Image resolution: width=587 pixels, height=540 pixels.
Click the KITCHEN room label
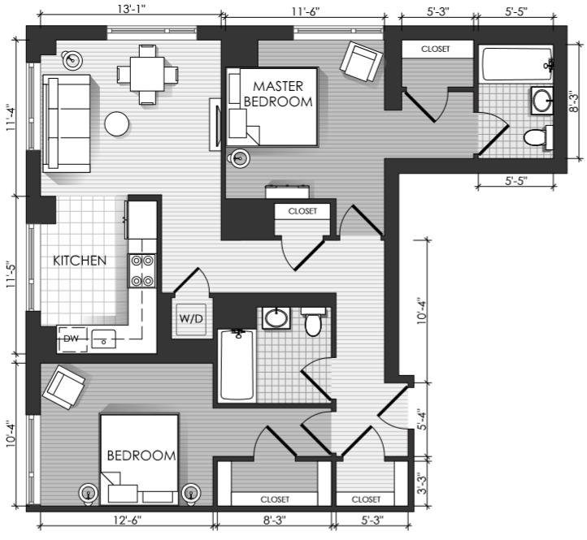pos(80,261)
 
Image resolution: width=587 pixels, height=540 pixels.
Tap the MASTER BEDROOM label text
pos(278,94)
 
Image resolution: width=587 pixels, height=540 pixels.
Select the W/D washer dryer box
pos(190,318)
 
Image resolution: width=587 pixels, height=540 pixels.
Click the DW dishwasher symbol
pos(72,339)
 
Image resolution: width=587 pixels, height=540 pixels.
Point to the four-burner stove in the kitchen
pos(142,270)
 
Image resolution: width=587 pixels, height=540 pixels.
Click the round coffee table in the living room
pos(117,123)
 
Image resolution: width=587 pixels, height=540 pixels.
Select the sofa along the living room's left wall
pos(67,123)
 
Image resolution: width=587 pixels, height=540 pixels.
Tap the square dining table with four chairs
pos(147,74)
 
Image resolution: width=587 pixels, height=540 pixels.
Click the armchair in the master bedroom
pos(361,62)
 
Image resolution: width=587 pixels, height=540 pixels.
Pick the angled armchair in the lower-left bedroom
pos(63,387)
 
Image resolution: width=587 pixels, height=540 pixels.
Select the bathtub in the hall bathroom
pos(237,365)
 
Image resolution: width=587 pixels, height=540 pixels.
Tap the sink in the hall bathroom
pos(276,318)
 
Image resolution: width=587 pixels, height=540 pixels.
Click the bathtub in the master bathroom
pos(516,63)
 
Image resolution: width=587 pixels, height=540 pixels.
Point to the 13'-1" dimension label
pos(131,9)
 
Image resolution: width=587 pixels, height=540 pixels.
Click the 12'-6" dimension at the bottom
pos(128,521)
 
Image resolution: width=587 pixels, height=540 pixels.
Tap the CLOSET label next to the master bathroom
pos(436,49)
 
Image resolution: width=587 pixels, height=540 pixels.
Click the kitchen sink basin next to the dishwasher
pos(104,339)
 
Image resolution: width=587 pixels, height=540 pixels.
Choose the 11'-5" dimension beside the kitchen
pos(11,276)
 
